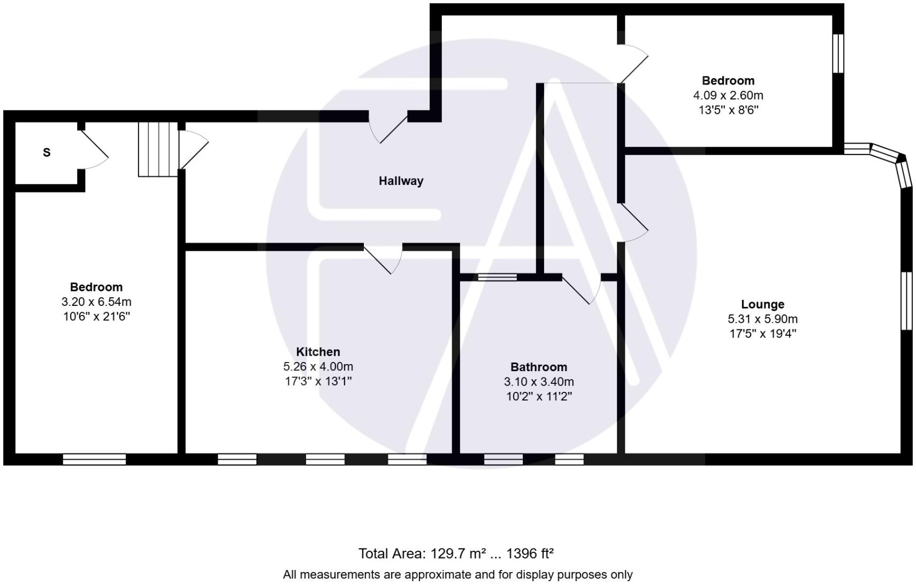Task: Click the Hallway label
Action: [x=401, y=181]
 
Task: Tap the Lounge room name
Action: [x=762, y=304]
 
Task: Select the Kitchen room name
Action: [x=318, y=352]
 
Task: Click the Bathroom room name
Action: [x=538, y=367]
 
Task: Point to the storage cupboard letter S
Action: [x=47, y=152]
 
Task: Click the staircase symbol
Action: [x=158, y=149]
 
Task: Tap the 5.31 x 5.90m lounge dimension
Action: [x=762, y=319]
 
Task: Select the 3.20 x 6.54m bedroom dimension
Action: [x=96, y=302]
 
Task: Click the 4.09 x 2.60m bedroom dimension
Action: [x=728, y=96]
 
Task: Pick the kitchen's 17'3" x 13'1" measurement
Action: [x=318, y=381]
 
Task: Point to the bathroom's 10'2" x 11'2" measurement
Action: [x=539, y=397]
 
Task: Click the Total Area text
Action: [x=456, y=553]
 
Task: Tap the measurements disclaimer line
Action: [x=457, y=575]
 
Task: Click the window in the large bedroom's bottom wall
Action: [x=94, y=459]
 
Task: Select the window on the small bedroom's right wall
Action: [x=838, y=53]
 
